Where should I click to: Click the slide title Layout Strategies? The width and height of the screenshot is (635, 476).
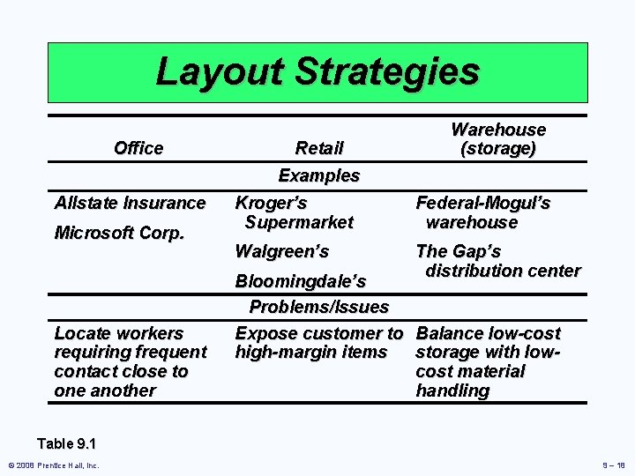(317, 71)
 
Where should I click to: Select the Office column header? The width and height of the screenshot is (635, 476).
(138, 148)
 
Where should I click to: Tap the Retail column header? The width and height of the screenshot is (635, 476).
(319, 148)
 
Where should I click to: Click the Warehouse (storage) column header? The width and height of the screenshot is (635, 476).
(498, 139)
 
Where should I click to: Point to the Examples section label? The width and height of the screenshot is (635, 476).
(319, 175)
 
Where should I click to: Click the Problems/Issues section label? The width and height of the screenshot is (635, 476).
(319, 307)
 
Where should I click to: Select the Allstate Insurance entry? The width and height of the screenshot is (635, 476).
(130, 203)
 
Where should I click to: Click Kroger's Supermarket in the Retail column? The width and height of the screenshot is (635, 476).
(294, 212)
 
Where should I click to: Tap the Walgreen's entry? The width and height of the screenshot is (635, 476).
(281, 251)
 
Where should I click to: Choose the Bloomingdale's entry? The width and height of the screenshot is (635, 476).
(300, 281)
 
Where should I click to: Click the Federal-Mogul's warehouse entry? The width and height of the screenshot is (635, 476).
(482, 212)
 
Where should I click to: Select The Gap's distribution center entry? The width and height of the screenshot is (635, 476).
(497, 261)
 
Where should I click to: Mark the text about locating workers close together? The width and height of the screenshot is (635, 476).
(130, 361)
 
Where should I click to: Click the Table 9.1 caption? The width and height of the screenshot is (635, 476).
(67, 444)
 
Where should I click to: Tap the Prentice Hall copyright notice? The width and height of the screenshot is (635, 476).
(54, 465)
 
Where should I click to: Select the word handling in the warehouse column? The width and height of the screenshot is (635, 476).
(452, 390)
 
